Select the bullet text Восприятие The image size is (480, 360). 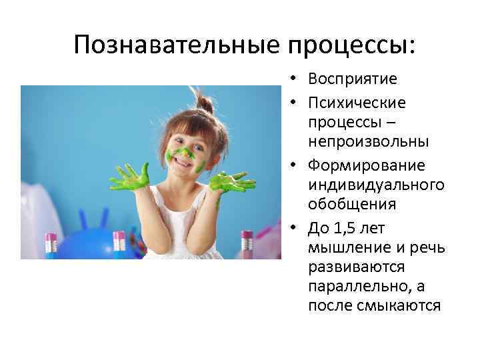click(x=353, y=79)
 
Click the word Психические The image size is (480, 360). click(x=357, y=103)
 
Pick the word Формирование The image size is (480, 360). click(x=366, y=165)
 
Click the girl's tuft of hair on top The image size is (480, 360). click(x=204, y=105)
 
